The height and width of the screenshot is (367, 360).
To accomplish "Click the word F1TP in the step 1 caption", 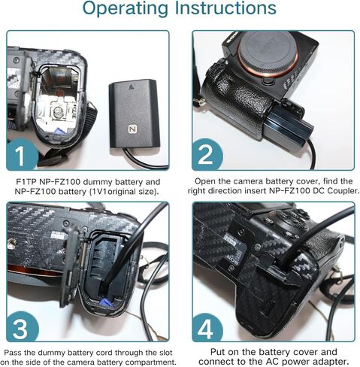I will pyautogui.click(x=26, y=182).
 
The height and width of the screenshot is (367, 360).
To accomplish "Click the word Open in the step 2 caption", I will pyautogui.click(x=207, y=182).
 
